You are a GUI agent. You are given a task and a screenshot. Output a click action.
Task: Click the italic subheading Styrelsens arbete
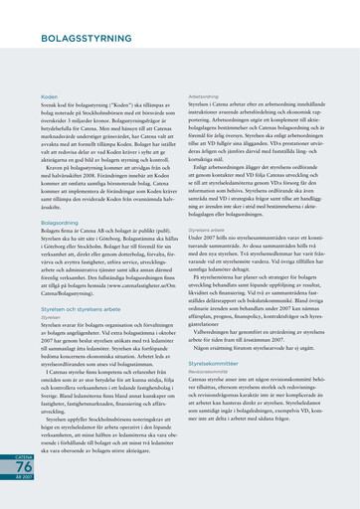[x=207, y=229]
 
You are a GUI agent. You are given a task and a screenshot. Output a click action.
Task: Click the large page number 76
[x=23, y=467]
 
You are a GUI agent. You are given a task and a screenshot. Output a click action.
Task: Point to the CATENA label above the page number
[x=23, y=452]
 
